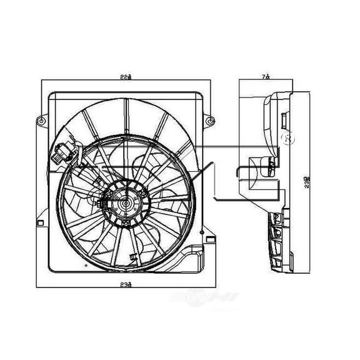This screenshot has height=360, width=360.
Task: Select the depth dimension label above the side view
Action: click(267, 76)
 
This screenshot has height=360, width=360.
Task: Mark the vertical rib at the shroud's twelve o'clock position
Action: click(126, 116)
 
